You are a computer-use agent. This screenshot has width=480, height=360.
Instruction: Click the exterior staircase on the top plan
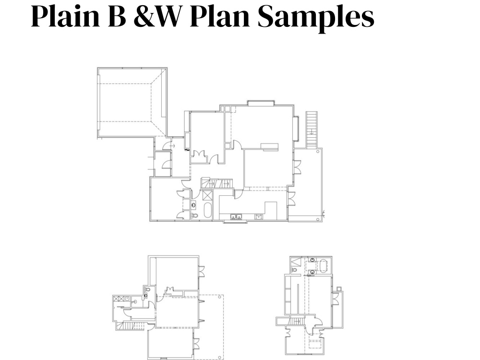pyautogui.click(x=312, y=129)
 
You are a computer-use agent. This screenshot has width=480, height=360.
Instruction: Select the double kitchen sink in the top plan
pyautogui.click(x=236, y=216)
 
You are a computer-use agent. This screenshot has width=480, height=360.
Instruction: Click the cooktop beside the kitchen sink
pyautogui.click(x=258, y=216)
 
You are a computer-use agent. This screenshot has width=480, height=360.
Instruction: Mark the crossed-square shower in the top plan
pyautogui.click(x=207, y=195)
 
